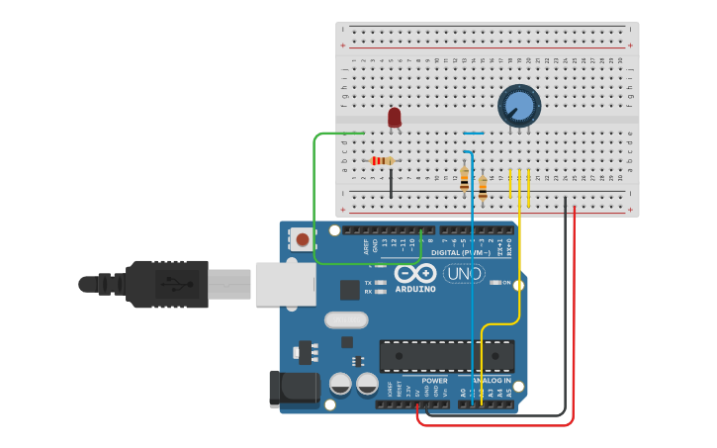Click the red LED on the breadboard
(x=395, y=118)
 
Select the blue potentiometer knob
(x=519, y=106)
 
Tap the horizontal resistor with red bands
(x=381, y=160)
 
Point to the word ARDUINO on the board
(x=415, y=290)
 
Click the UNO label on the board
(x=464, y=274)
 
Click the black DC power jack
(x=294, y=389)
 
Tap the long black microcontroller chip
(x=447, y=356)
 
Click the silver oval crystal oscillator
(x=345, y=320)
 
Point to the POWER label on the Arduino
(x=435, y=381)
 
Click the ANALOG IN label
(x=491, y=381)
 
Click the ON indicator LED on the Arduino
(x=494, y=283)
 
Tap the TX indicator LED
(x=381, y=282)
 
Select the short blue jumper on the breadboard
(x=475, y=133)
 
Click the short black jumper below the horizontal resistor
(x=391, y=183)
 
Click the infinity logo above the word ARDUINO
(x=415, y=273)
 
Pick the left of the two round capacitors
(x=340, y=384)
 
